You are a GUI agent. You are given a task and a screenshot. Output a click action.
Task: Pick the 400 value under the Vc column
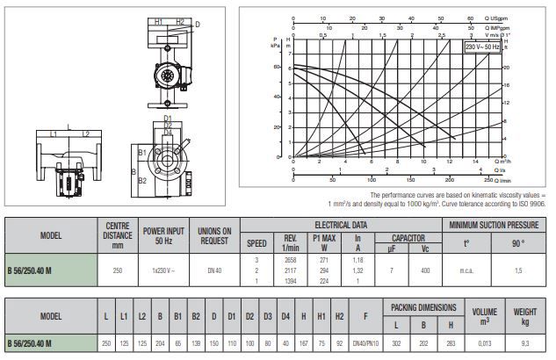pyautogui.click(x=424, y=271)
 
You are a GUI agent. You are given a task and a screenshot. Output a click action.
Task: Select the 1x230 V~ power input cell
pyautogui.click(x=159, y=271)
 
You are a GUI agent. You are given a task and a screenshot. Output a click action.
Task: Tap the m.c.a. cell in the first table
pyautogui.click(x=467, y=271)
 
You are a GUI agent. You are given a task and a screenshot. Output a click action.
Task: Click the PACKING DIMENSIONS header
pyautogui.click(x=424, y=308)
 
